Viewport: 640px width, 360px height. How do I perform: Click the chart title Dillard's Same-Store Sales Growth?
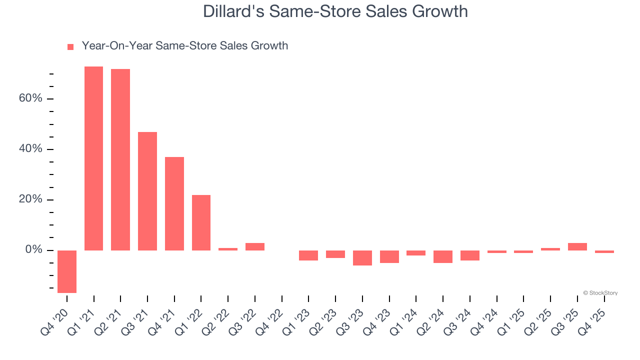[335, 11]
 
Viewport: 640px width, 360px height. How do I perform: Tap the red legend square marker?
[70, 46]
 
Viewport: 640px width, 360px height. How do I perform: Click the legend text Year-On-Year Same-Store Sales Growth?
[184, 46]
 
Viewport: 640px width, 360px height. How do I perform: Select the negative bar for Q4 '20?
[67, 271]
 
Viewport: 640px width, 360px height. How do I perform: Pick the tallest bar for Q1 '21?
[93, 158]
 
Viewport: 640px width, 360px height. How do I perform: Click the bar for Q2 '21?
[120, 159]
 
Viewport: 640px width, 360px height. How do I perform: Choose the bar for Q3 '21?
[147, 191]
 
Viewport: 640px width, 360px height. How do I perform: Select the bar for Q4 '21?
[174, 203]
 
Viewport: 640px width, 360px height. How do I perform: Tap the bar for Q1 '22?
[201, 222]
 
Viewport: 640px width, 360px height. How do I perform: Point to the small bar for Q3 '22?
[255, 246]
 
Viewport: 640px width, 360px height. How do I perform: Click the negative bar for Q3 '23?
[362, 257]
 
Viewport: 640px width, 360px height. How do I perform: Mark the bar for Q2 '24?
[443, 256]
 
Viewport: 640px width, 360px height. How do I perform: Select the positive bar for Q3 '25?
[577, 246]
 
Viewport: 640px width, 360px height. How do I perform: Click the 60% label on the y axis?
[30, 98]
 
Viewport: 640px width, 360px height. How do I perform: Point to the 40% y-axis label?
[30, 149]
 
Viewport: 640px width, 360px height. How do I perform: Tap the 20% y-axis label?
[30, 199]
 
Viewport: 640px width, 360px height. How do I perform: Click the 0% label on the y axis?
[33, 250]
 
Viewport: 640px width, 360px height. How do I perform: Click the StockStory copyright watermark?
[600, 293]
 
